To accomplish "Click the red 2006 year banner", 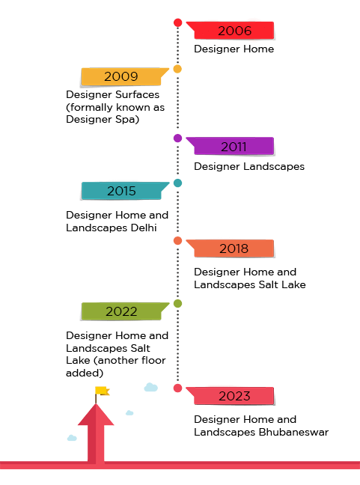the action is tap(231, 30).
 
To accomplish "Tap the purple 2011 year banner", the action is tap(231, 146).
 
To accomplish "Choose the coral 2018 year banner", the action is tap(231, 248).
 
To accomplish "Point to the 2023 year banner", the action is tap(231, 396).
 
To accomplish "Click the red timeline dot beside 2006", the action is tap(178, 22).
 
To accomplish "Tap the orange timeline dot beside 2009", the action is tap(177, 69).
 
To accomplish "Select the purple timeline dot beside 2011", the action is tap(178, 138).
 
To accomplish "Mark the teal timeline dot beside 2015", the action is tap(178, 183).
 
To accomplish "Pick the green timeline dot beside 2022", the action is tap(178, 303).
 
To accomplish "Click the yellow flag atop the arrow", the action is tap(103, 391).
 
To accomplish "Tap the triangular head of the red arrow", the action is tap(96, 416).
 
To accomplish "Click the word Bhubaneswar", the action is tap(293, 432).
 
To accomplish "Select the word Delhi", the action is tap(144, 228).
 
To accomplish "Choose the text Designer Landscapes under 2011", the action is tap(249, 166).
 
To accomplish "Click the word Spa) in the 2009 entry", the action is tap(126, 120).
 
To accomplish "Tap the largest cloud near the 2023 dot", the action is tap(151, 387).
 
